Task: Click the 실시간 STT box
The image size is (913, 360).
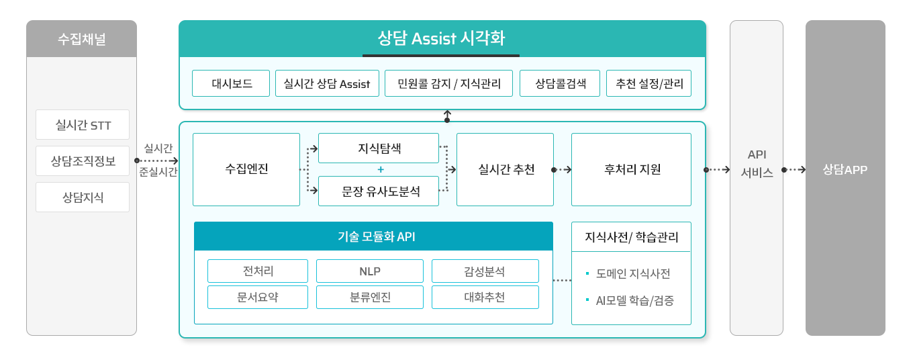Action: coord(83,125)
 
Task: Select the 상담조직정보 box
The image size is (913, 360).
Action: coord(83,161)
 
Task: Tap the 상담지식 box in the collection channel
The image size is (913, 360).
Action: coord(83,197)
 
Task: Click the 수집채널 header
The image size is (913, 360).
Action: coord(81,39)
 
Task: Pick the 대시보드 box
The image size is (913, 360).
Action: coord(231,84)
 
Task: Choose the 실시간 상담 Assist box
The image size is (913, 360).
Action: coord(327,84)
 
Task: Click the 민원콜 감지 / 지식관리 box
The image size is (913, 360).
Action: coord(449,84)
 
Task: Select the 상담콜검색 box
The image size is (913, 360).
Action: coord(560,84)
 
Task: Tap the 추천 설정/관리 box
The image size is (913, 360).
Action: coord(648,84)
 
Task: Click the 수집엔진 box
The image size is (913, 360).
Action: coord(246,169)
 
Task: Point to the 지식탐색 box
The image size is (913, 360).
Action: coord(379,148)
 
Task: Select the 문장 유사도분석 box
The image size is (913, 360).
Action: coord(379,191)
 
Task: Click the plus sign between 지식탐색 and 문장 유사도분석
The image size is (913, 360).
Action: coord(380,169)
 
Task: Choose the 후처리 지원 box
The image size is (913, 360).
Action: coord(631,169)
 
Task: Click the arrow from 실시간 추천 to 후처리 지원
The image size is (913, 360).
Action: coord(563,170)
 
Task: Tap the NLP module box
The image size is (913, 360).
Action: coord(370,271)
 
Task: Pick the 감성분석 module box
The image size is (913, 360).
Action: coord(485,271)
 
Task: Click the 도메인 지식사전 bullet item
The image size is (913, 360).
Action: coord(632,274)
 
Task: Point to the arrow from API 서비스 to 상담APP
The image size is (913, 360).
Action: coord(794,170)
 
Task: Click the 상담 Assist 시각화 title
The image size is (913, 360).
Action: coord(441,38)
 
